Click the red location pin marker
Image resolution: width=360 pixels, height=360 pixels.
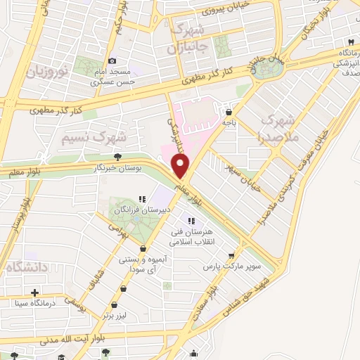[181, 167]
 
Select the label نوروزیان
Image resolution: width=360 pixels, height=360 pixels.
[47, 72]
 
